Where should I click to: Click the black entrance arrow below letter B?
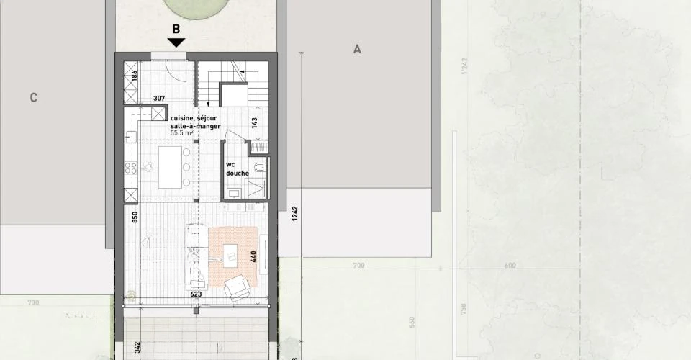click(x=176, y=43)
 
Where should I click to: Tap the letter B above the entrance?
click(x=176, y=30)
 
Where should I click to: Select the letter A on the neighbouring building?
click(x=356, y=49)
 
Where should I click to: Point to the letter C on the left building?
click(x=33, y=98)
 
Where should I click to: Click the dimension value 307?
click(x=160, y=99)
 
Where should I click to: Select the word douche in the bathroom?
click(x=237, y=174)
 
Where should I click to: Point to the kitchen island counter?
click(x=170, y=167)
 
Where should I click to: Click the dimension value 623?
click(x=195, y=294)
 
